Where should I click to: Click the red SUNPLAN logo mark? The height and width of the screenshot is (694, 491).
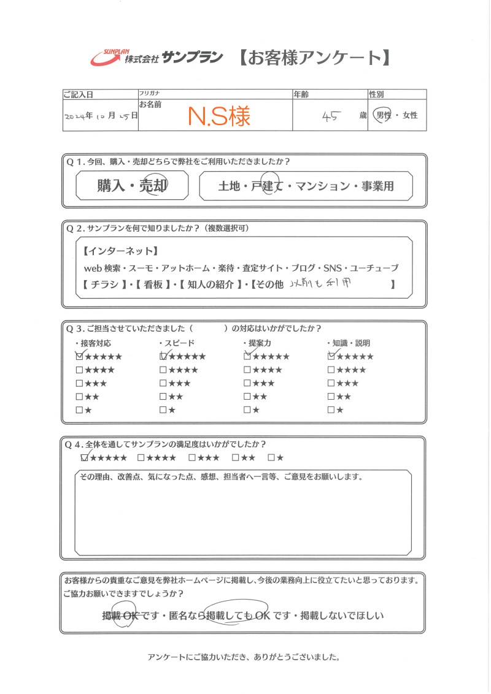click(106, 57)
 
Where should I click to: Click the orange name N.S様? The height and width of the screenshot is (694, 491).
click(218, 116)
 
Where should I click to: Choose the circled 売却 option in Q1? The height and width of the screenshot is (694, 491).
click(153, 187)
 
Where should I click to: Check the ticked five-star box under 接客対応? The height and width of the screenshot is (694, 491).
click(79, 356)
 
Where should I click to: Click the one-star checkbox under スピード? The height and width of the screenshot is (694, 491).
click(163, 410)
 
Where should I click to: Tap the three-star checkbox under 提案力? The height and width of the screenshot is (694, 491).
click(247, 383)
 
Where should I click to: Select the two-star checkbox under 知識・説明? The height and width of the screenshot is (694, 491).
click(331, 397)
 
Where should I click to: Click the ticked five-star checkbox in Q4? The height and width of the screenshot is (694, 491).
click(85, 457)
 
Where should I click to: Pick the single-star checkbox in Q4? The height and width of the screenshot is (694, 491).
click(271, 457)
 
